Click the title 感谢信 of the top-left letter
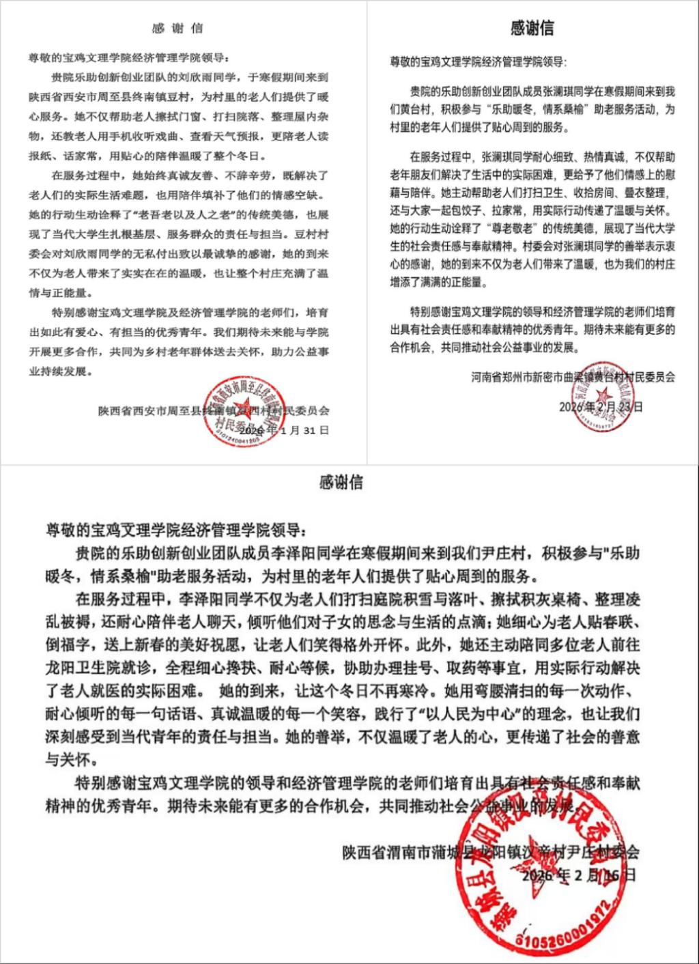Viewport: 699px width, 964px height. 177,29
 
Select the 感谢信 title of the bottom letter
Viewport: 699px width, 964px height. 341,483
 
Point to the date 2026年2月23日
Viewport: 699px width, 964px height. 600,407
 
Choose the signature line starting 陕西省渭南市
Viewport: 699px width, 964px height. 491,853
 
